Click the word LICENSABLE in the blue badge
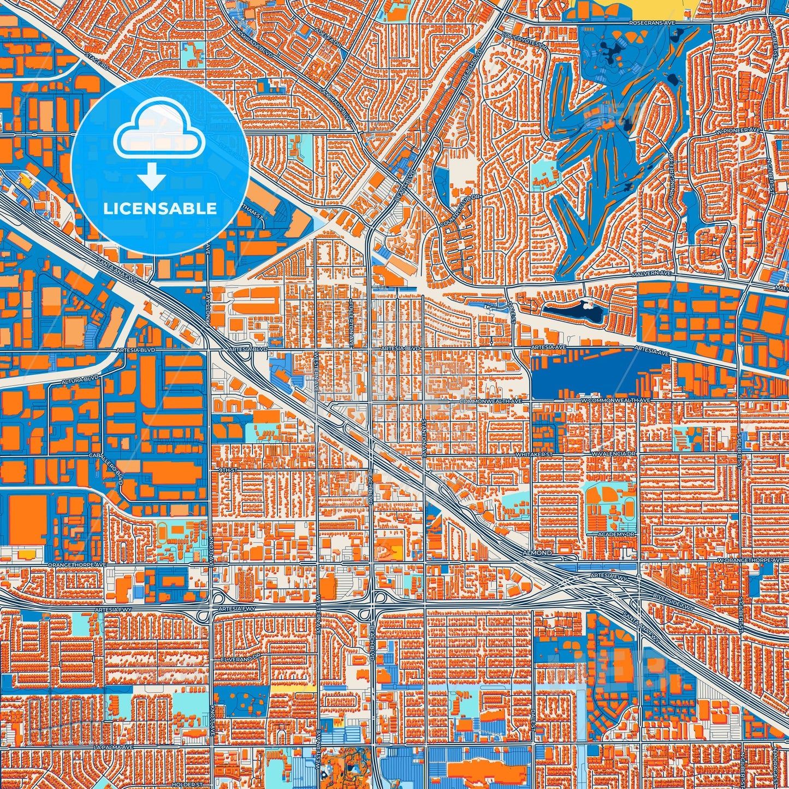[x=160, y=208]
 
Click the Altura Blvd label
[x=80, y=378]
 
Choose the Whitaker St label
[x=535, y=454]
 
